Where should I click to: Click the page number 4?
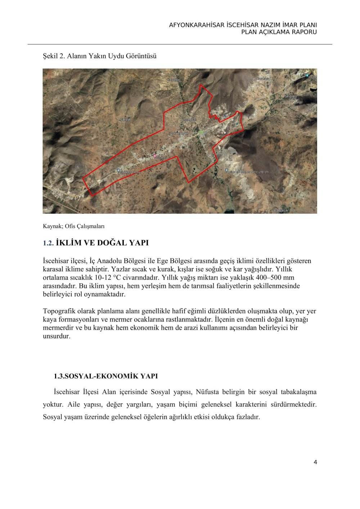(x=315, y=462)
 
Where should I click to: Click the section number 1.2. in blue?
(x=48, y=243)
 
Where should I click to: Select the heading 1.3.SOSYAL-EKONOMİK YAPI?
(x=106, y=376)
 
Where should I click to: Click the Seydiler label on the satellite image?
(x=290, y=96)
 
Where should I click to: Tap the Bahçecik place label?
(x=281, y=211)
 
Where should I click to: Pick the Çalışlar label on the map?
(x=126, y=119)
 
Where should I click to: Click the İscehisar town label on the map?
(x=189, y=120)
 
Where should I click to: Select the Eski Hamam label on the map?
(x=179, y=134)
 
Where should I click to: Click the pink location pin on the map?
(x=155, y=156)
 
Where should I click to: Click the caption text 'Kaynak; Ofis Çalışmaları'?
(x=73, y=226)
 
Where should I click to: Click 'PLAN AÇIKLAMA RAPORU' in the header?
(x=279, y=32)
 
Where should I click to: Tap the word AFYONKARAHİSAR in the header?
(x=197, y=25)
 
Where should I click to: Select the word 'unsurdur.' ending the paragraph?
(x=57, y=336)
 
